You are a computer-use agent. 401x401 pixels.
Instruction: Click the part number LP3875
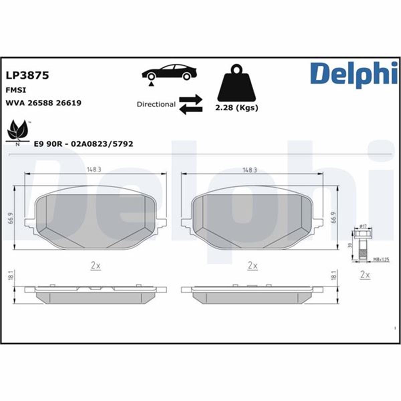27,75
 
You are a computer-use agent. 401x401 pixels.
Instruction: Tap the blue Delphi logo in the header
354,74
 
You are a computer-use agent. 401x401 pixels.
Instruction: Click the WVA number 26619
69,103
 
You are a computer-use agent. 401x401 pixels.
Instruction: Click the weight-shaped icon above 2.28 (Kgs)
237,84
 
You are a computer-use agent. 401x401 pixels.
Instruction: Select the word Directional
156,104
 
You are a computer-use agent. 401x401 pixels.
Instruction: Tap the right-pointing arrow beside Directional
191,99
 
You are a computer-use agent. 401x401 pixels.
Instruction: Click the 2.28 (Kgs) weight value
236,108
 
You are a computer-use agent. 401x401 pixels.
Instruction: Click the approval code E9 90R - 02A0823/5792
84,144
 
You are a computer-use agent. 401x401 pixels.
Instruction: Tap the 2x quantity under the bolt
365,275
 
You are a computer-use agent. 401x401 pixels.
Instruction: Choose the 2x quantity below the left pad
96,266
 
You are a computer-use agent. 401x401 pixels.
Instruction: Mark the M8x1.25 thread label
381,259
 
